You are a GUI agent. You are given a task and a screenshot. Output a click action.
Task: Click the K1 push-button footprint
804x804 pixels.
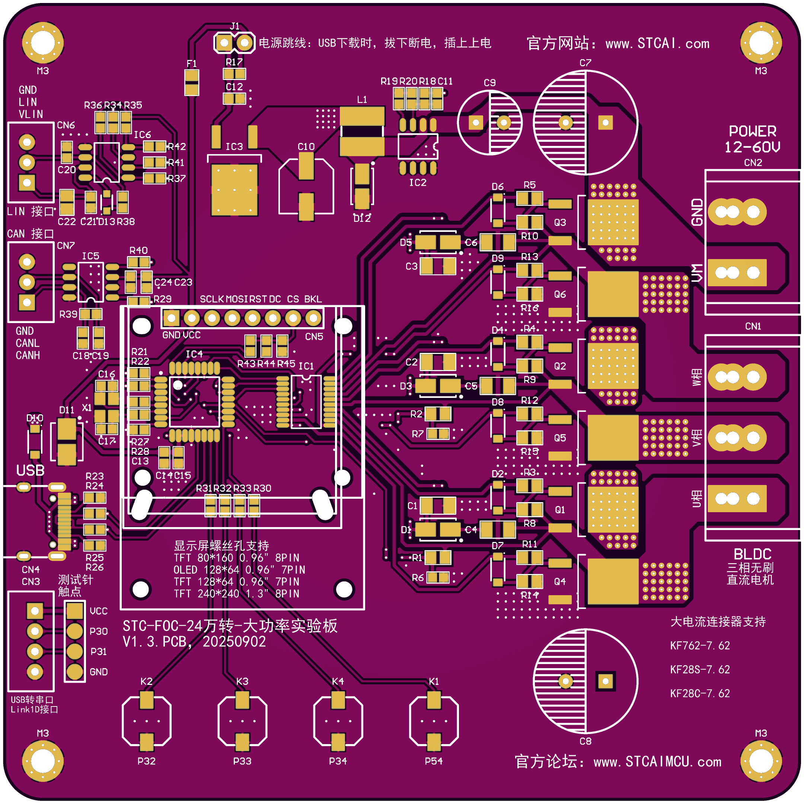[434, 721]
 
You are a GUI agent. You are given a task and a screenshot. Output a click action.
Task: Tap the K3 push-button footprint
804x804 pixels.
[242, 721]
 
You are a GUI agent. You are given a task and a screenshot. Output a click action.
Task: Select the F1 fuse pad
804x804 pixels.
[191, 82]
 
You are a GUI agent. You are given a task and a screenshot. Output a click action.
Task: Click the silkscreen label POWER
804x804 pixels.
[752, 131]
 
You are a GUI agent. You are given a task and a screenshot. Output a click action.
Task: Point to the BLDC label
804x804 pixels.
[752, 554]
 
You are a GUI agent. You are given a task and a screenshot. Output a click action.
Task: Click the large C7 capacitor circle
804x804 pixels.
[585, 123]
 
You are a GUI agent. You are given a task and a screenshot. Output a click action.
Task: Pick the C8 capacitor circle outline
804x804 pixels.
[585, 681]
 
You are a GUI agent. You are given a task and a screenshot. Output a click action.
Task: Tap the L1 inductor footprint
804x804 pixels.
[362, 131]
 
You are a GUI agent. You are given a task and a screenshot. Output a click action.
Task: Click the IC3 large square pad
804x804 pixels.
[234, 190]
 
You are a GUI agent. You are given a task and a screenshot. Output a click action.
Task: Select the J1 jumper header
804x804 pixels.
[234, 42]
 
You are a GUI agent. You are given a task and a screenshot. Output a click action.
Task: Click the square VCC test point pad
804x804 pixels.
[75, 611]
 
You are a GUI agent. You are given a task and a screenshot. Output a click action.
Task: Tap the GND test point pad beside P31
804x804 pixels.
[75, 671]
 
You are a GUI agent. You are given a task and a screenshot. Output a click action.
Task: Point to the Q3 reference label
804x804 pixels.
[560, 222]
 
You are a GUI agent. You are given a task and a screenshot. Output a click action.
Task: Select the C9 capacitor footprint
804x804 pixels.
[490, 123]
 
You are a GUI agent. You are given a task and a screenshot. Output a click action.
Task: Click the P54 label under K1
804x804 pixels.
[434, 761]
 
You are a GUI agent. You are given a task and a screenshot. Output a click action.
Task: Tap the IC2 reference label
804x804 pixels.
[417, 183]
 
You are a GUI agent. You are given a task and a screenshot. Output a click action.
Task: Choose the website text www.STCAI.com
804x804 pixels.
[657, 43]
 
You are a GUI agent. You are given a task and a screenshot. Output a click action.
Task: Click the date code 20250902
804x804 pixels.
[234, 642]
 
